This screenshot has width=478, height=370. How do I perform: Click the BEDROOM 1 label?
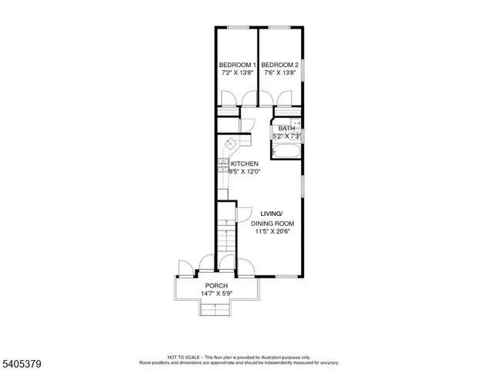236,64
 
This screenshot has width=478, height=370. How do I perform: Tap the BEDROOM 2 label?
279,64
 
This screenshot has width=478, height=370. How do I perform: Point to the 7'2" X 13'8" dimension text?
236,73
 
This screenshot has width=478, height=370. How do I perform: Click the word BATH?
286,128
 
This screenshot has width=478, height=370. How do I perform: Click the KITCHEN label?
244,164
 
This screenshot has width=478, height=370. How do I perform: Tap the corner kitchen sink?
232,144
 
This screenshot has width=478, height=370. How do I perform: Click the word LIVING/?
271,214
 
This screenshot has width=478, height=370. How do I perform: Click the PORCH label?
216,285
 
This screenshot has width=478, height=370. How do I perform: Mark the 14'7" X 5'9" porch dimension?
216,294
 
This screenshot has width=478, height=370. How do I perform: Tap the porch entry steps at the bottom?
216,308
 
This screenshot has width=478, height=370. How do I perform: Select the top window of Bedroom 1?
237,28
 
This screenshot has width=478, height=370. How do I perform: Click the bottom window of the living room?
286,276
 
